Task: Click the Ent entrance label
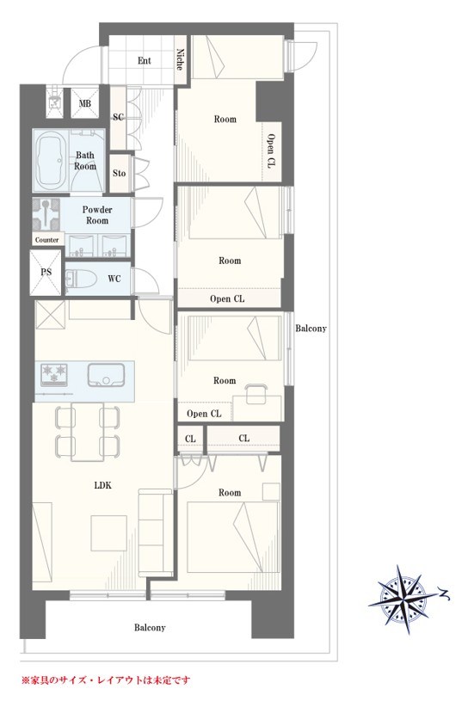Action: click(x=144, y=61)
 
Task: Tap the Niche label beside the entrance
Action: click(x=180, y=59)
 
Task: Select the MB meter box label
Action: click(x=85, y=104)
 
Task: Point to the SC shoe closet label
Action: click(x=118, y=117)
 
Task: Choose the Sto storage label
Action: click(x=119, y=173)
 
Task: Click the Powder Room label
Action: click(x=97, y=215)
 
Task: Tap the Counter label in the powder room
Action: click(x=47, y=240)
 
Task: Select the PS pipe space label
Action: click(x=46, y=272)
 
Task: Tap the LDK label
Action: click(x=103, y=485)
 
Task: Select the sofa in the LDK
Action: click(x=156, y=532)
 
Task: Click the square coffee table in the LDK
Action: click(x=109, y=533)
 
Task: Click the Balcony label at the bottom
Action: click(x=150, y=628)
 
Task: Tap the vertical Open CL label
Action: click(x=271, y=151)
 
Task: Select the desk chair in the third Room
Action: click(x=256, y=391)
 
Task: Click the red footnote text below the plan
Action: click(x=106, y=680)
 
